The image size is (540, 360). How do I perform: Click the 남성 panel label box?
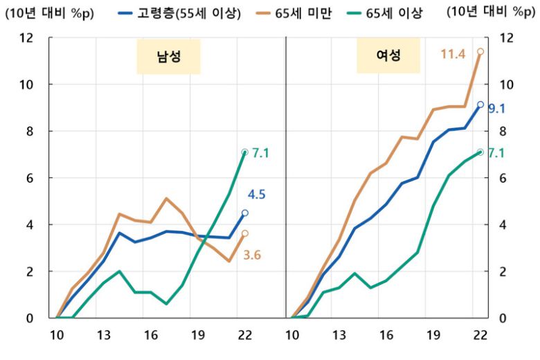(169, 57)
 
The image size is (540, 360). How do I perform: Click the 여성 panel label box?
(389, 56)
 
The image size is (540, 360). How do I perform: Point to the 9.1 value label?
(496, 109)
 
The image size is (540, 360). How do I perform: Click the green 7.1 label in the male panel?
(260, 152)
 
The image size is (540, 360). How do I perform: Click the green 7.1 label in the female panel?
(496, 152)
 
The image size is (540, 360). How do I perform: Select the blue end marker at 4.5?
(244, 213)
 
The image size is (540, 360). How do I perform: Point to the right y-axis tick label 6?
(503, 178)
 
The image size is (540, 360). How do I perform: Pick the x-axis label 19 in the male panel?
(197, 336)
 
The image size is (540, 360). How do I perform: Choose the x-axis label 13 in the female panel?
(339, 336)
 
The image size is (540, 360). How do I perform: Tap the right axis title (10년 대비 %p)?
(491, 12)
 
